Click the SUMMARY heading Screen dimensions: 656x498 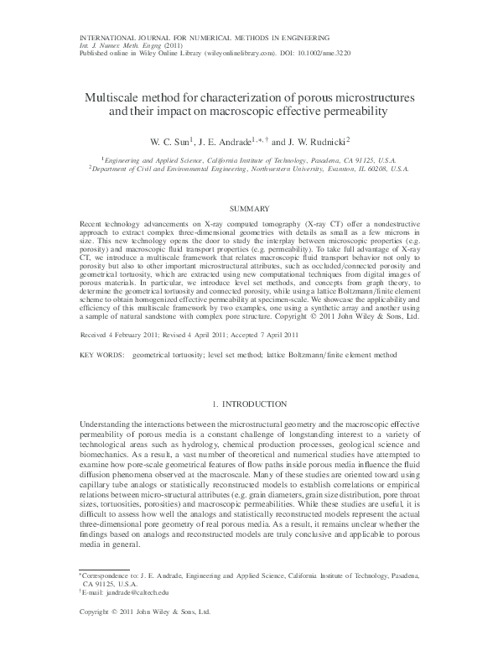coord(248,207)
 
